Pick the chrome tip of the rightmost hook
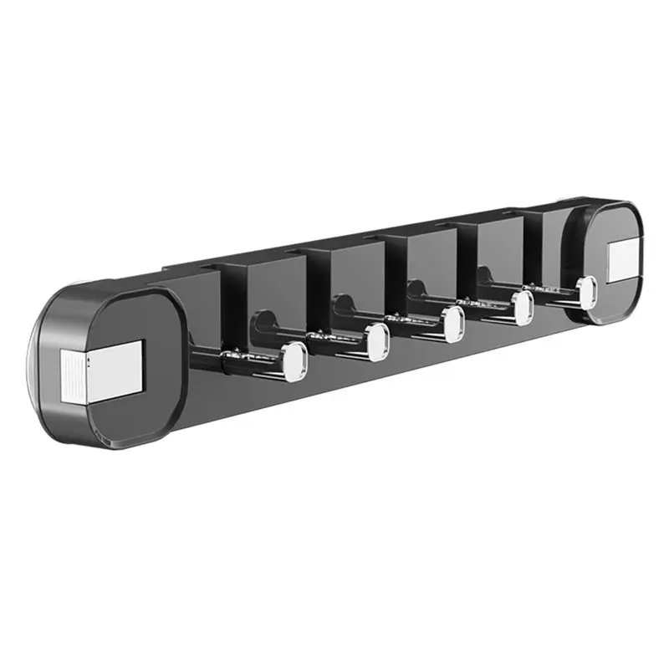(x=587, y=290)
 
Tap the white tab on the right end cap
(x=623, y=260)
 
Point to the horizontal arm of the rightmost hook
(x=552, y=294)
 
